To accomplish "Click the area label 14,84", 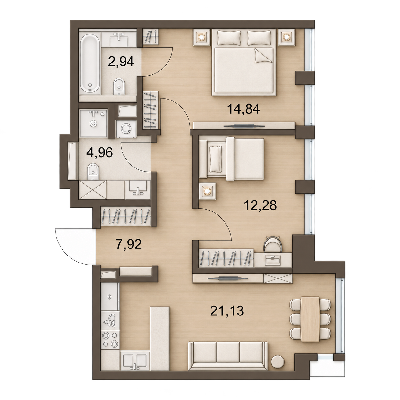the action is (243, 109).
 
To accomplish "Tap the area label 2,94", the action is (121, 61).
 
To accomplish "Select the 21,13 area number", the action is (227, 316).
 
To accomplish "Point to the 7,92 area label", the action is (129, 244).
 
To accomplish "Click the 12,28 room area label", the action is (260, 205).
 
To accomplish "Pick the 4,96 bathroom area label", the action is (100, 152).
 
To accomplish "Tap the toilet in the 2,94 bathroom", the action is (119, 86).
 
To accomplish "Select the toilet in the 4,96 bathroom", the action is (93, 172).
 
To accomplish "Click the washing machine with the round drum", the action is (126, 129).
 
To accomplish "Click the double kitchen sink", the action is (135, 363).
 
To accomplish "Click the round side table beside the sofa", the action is (278, 362).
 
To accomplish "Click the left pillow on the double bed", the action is (229, 38).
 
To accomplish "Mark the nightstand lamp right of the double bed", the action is (286, 37).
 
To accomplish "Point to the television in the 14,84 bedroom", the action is (244, 126).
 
